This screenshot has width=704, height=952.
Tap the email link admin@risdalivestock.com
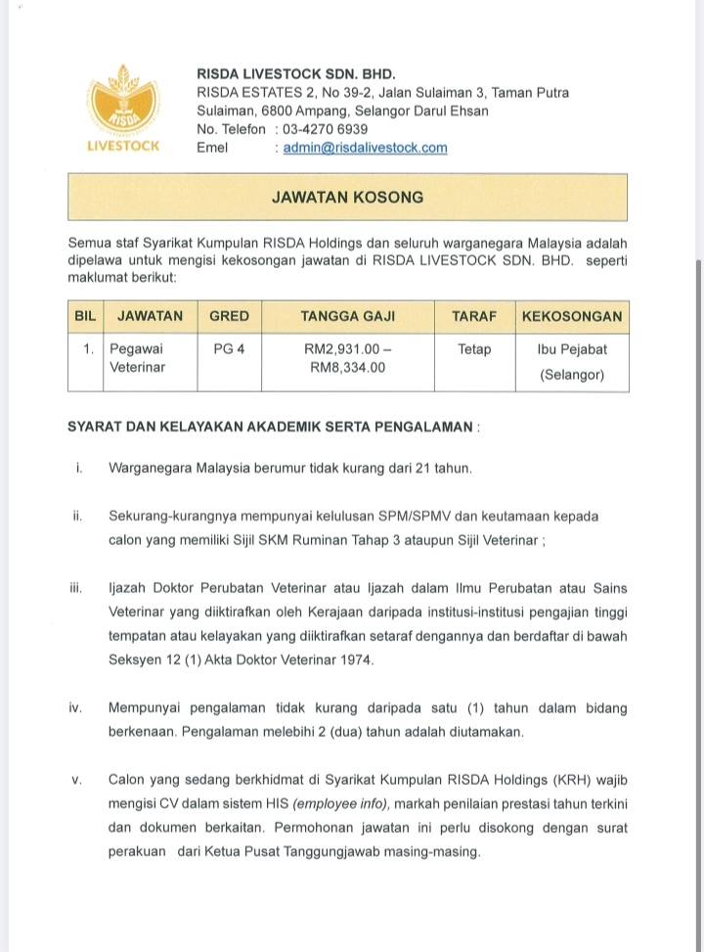point(365,148)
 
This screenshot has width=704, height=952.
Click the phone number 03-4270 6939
point(325,129)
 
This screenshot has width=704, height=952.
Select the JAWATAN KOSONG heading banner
point(347,197)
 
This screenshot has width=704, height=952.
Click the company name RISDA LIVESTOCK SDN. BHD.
point(296,73)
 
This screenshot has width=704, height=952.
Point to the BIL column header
point(85,317)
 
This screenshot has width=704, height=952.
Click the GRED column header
point(229,317)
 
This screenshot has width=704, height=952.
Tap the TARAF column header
point(474,317)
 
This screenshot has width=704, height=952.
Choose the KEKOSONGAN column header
point(572,317)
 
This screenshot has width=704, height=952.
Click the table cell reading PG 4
point(229,349)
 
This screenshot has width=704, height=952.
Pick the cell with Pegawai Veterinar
point(137,358)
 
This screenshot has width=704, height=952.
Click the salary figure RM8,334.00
point(347,368)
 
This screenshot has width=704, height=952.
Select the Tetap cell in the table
point(474,349)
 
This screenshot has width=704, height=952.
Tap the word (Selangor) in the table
point(572,375)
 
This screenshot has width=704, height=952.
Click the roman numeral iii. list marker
point(76,588)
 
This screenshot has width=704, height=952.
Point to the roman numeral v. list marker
point(76,780)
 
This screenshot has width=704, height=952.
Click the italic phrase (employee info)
point(340,804)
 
